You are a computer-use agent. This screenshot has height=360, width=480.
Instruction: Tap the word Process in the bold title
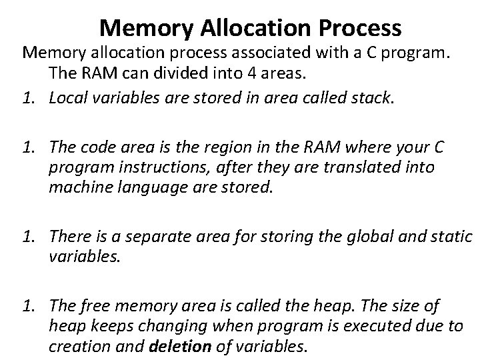pyautogui.click(x=361, y=28)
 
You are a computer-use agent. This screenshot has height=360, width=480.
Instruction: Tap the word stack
pyautogui.click(x=376, y=99)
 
